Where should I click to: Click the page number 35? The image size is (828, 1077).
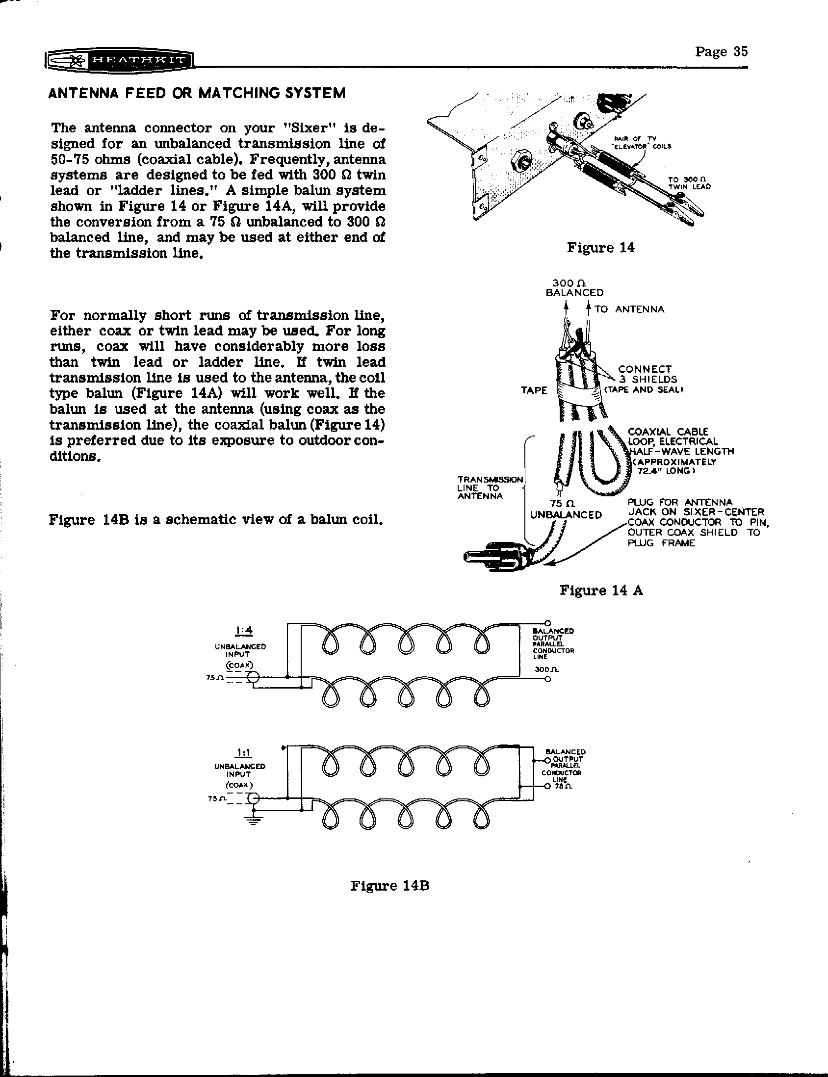721,51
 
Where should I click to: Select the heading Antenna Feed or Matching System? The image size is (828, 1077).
197,93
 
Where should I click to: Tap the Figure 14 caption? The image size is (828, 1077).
600,247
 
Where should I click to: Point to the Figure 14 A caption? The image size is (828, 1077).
601,590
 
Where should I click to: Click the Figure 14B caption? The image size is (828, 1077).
390,886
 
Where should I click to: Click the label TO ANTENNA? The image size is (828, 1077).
629,309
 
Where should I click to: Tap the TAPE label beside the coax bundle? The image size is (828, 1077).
534,391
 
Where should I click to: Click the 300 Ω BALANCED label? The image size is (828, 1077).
571,288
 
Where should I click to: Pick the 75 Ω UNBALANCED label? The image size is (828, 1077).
565,510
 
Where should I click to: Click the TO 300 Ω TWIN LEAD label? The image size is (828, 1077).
689,183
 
